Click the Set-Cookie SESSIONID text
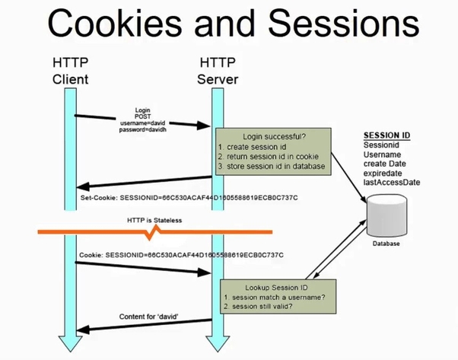tap(187, 196)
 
